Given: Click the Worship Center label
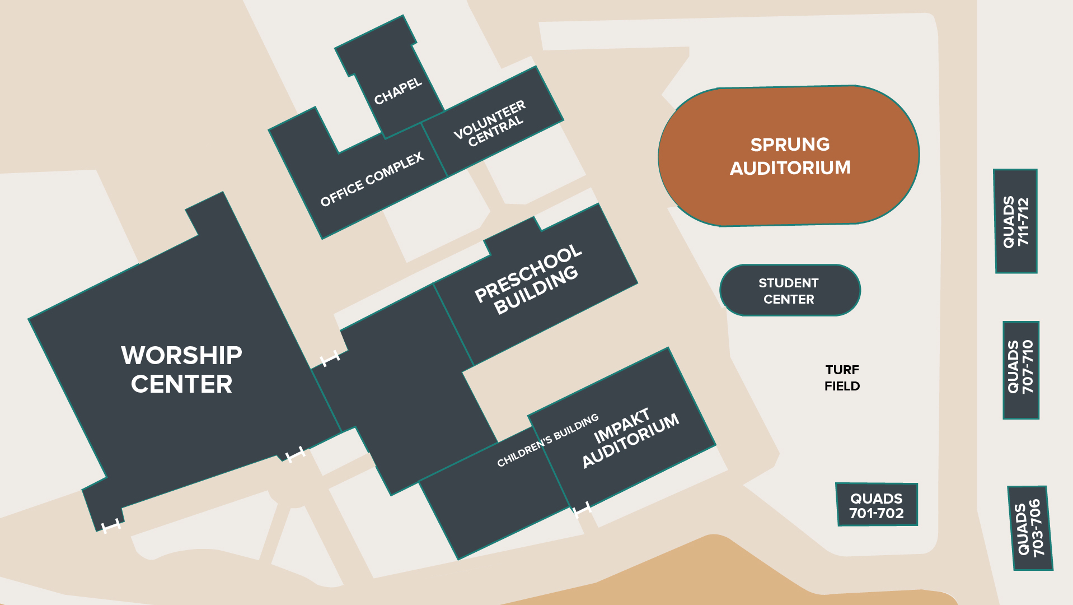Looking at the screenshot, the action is pos(181,370).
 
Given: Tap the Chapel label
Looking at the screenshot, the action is pos(398,91).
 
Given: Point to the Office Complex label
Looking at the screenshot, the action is pos(372,179).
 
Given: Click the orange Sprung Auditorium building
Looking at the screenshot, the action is pos(789,156).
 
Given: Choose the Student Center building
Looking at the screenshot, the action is pos(790,290).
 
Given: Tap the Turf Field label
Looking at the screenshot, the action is pos(842,378).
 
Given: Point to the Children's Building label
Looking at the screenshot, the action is pos(548,440).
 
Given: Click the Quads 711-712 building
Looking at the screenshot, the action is pos(1015,221).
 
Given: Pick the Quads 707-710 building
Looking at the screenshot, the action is pos(1021,370).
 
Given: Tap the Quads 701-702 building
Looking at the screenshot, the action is pos(877,505).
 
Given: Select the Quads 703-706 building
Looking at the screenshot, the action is pos(1030,528).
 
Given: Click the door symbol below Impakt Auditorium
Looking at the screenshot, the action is pos(583,509).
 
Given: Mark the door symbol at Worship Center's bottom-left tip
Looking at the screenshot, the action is pos(111,525).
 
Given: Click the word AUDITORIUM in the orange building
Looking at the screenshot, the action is pos(790,167).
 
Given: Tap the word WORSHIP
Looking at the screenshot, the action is pos(181,355).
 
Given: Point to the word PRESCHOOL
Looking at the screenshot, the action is pos(528,273).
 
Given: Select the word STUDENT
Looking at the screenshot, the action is pos(789,283).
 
